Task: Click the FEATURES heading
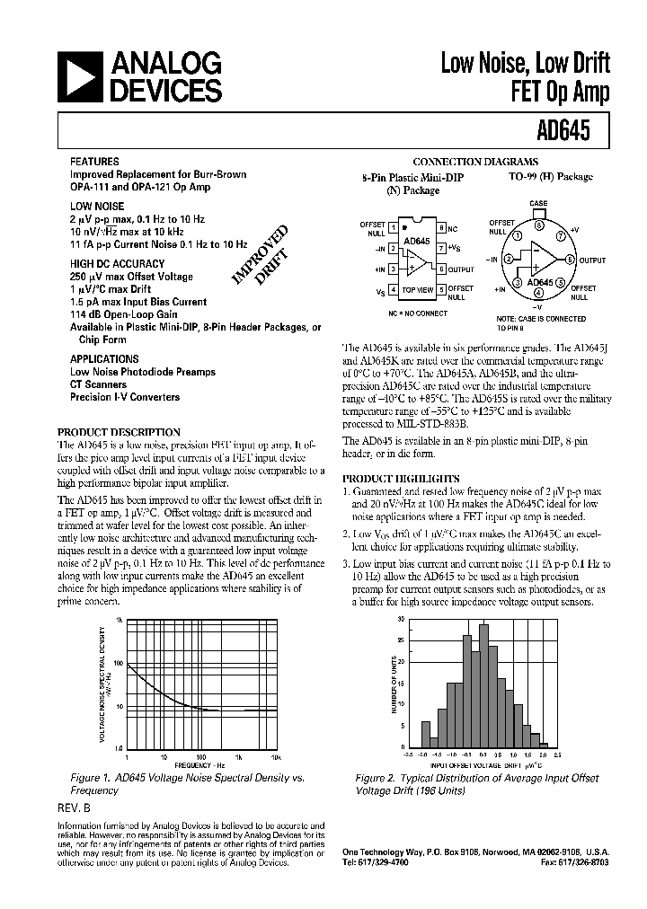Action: coord(94,163)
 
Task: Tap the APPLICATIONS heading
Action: coord(104,357)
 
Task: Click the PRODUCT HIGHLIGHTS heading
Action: coord(402,479)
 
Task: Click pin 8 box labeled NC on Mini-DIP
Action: coord(441,228)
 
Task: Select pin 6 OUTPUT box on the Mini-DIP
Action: coord(441,269)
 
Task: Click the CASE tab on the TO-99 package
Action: coord(538,214)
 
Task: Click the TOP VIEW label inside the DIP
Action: coord(418,291)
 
